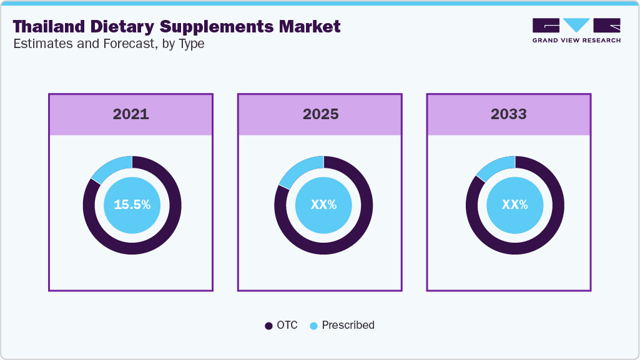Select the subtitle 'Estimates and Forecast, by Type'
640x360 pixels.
pos(109,44)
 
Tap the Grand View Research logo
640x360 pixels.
pos(576,31)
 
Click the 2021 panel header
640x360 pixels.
pos(130,114)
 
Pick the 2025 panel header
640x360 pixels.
pos(320,114)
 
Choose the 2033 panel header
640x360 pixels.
pos(508,114)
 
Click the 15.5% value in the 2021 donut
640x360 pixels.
pos(132,205)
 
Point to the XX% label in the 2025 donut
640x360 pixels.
pos(323,205)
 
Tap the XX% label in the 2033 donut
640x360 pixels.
pos(515,205)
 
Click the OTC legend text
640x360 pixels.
pos(287,325)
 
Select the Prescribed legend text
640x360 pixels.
pos(348,325)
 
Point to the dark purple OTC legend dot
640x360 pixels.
pos(268,326)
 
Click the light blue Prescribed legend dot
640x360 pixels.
pos(313,326)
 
